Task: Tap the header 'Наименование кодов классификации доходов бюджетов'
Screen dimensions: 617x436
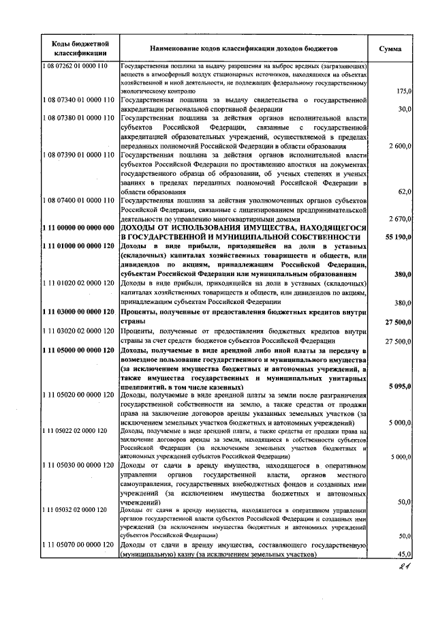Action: click(x=244, y=49)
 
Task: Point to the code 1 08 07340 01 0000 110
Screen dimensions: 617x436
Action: click(x=78, y=100)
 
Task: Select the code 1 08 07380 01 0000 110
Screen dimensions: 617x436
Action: click(x=78, y=117)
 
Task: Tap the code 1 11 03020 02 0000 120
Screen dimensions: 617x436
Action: click(x=78, y=331)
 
